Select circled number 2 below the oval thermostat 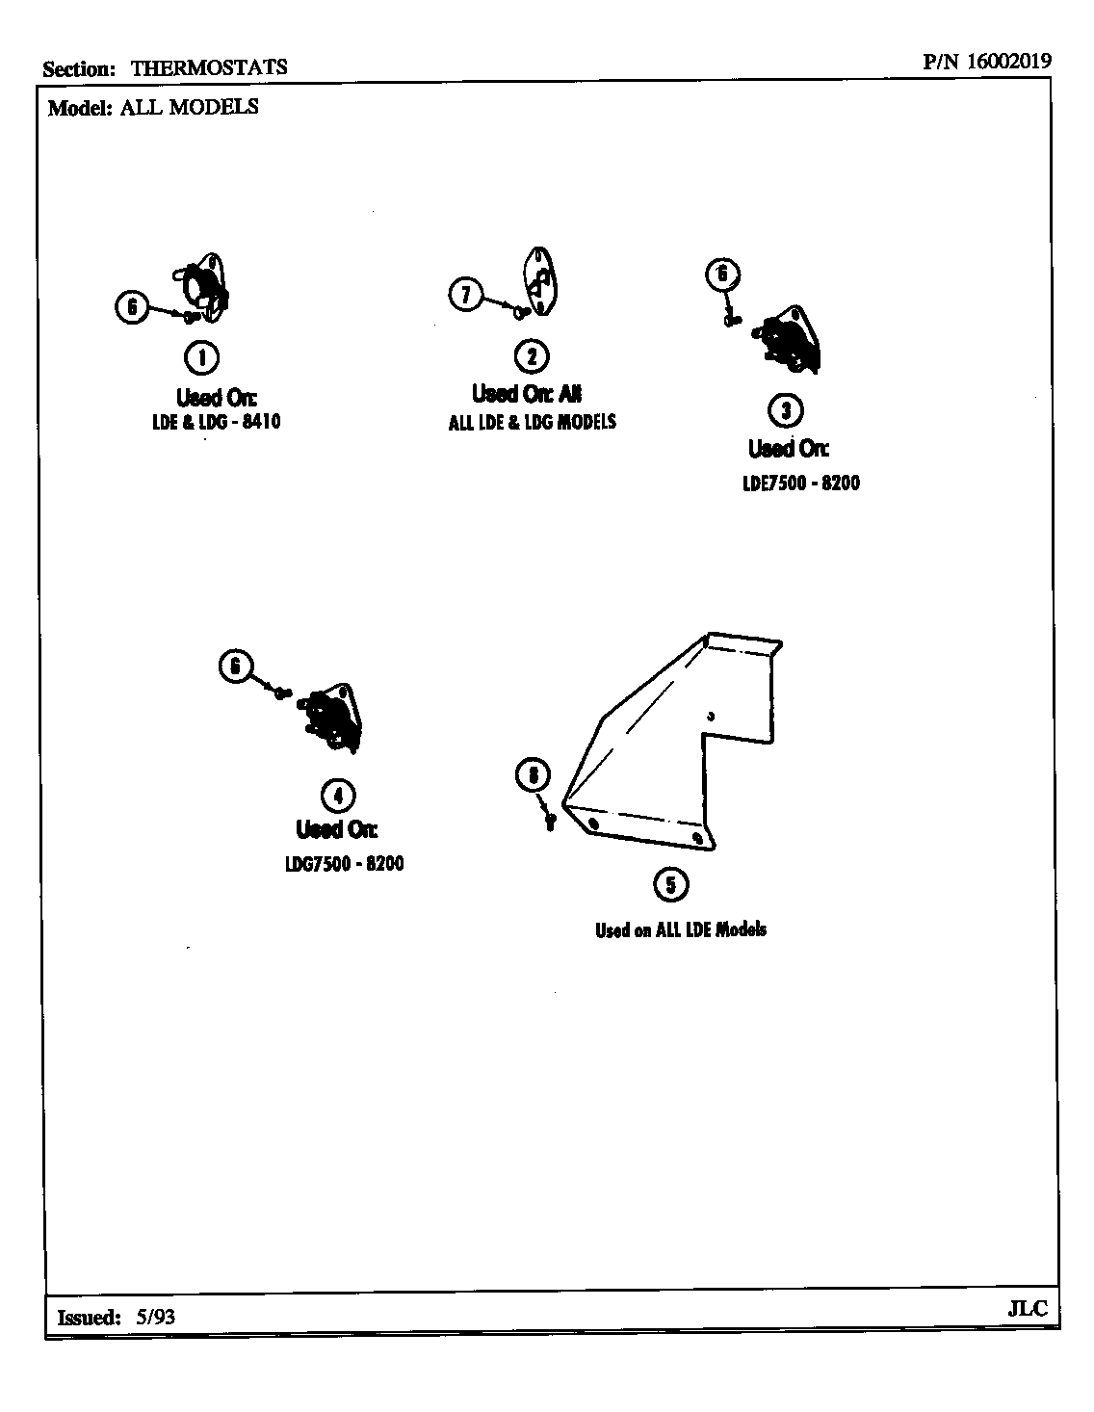coord(532,356)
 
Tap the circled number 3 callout coord(786,411)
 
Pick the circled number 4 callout coord(336,795)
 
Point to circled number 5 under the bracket coord(671,884)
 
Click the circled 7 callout coord(466,293)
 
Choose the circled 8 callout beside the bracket coord(533,773)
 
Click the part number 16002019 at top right coord(1008,61)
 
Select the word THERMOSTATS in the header coord(209,67)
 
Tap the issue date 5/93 coord(156,1317)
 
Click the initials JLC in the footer coord(1027,1310)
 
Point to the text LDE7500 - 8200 coord(801,483)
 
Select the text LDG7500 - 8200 coord(344,863)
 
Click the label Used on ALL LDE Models coord(681,929)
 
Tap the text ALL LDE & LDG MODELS coord(532,422)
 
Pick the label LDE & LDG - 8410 coord(216,422)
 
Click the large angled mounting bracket coord(674,742)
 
